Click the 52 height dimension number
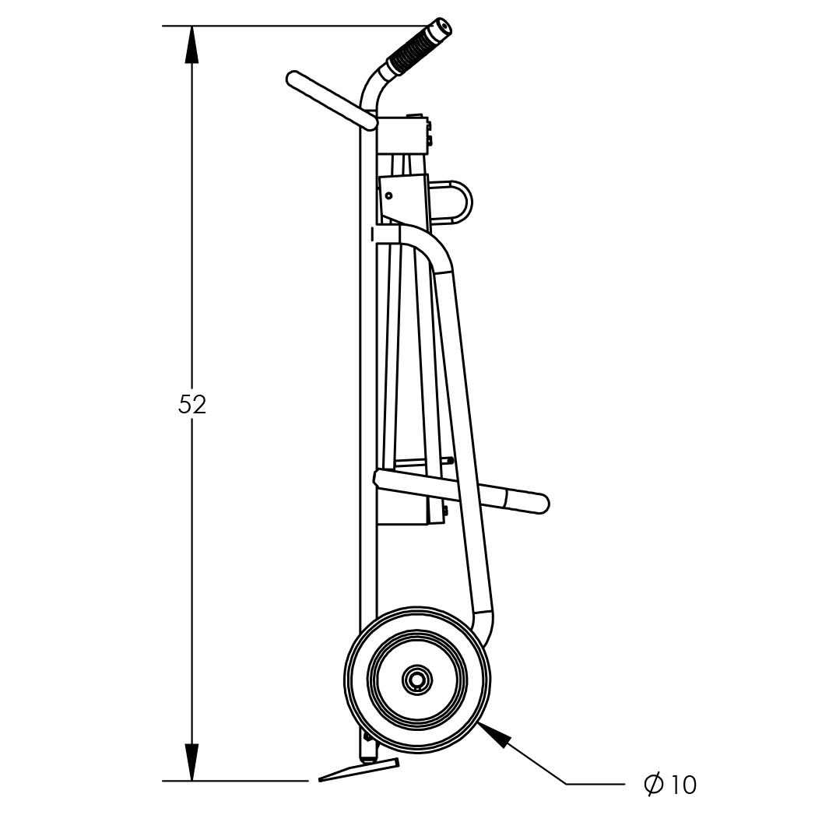pos(192,404)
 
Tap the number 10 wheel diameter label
pos(682,785)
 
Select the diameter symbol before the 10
pos(654,785)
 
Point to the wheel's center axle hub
pos(418,680)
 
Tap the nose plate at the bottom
pos(359,770)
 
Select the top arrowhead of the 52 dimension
pos(192,44)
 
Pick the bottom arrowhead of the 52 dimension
pos(192,762)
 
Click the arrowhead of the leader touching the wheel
pos(494,734)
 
